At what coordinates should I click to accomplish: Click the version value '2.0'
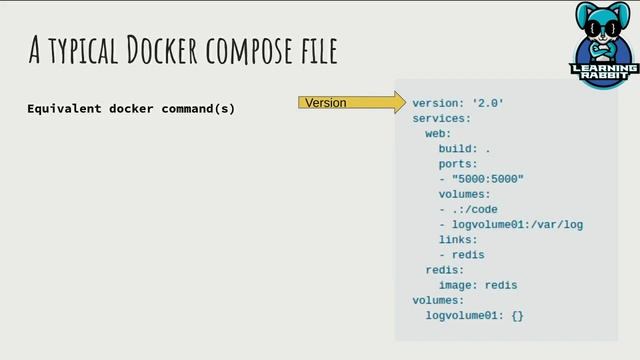(x=488, y=103)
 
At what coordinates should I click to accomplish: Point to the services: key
(x=441, y=118)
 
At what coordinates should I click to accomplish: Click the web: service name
(x=438, y=133)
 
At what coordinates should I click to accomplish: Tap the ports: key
(x=458, y=163)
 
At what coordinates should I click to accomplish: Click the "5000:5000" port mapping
(x=487, y=179)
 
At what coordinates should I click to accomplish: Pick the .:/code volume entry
(x=474, y=209)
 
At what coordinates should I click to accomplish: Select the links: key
(x=458, y=239)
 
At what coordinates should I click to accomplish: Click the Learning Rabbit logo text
(x=603, y=73)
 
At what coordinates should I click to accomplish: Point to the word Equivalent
(x=64, y=108)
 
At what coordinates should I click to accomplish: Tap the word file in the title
(x=318, y=49)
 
